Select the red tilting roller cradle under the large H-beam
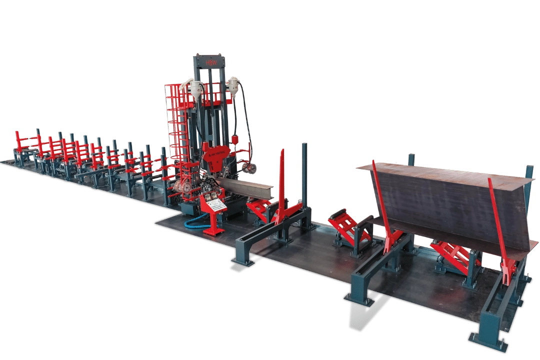pyautogui.click(x=452, y=255)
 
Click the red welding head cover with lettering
pyautogui.click(x=216, y=152)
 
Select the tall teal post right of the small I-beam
pyautogui.click(x=304, y=175)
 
